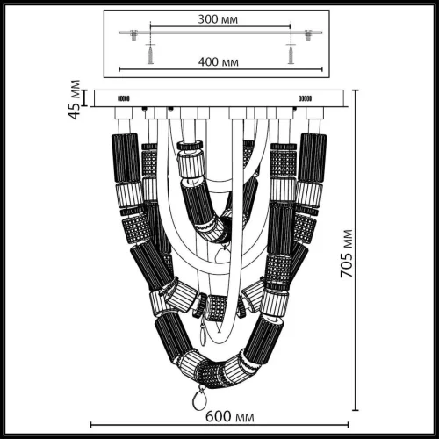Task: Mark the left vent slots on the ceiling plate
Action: coord(124,98)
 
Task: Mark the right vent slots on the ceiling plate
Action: coord(306,98)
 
